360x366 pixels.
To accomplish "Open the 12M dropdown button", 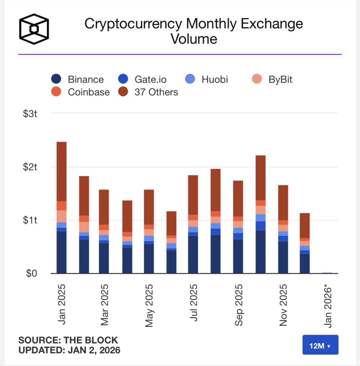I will (x=320, y=346).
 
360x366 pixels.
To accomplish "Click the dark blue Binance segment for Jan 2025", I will (x=62, y=252).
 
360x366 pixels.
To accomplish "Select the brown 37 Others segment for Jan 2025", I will (x=62, y=171).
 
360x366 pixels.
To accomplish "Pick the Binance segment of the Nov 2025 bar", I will (x=283, y=257).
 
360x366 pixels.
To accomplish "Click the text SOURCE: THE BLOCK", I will (x=68, y=340).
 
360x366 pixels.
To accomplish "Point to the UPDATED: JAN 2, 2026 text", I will (x=70, y=350).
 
